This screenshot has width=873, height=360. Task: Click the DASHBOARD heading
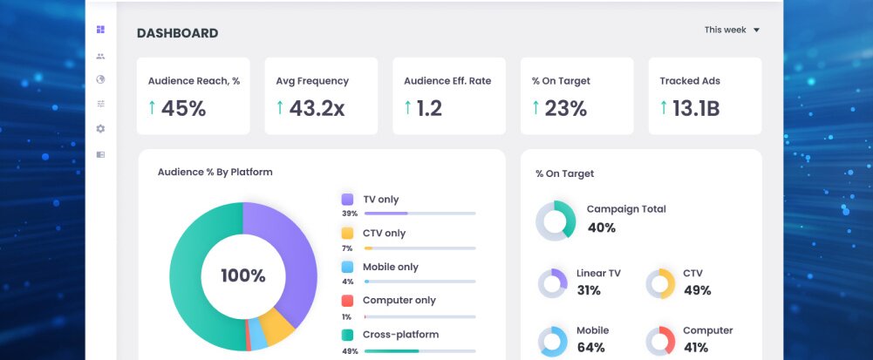point(177,34)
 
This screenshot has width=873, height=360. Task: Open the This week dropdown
point(733,30)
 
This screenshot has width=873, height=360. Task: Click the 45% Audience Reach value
point(183,108)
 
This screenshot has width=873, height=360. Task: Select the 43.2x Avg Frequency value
point(317,108)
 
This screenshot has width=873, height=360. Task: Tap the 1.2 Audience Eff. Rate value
point(428,108)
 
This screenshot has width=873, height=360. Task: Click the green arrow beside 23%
point(535,107)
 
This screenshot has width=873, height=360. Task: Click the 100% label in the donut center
point(242,276)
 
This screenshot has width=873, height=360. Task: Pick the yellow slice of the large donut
point(278,327)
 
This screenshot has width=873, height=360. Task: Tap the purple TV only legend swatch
point(347,200)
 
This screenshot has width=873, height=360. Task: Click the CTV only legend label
point(384,234)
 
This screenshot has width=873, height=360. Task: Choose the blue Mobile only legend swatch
point(347,267)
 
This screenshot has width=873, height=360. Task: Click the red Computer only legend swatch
point(347,301)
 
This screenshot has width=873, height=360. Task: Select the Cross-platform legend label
point(400,335)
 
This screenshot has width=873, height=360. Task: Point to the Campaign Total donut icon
point(556,221)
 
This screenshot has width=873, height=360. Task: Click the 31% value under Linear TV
point(589,290)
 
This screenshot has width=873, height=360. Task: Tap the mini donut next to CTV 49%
point(660,283)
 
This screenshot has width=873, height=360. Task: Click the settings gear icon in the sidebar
point(100,129)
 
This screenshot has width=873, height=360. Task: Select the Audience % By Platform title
point(215,173)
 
